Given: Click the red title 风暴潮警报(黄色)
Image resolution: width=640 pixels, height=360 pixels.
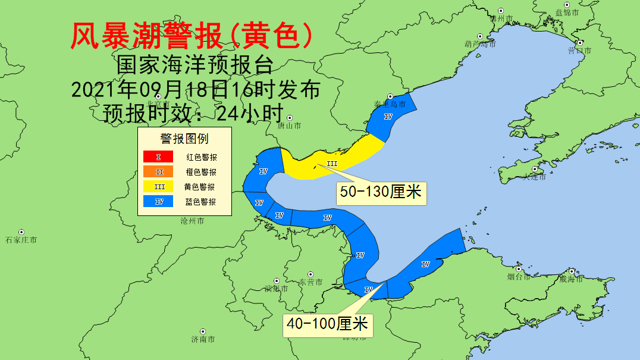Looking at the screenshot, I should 192,37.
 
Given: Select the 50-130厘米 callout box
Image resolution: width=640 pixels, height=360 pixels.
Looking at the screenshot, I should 381,192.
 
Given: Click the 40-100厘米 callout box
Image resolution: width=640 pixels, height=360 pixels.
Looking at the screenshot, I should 328,324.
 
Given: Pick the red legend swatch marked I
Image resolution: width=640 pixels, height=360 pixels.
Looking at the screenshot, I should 158,157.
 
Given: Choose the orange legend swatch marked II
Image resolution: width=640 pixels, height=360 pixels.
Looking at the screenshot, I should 158,172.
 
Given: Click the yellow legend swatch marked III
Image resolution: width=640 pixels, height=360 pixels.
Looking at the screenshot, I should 158,187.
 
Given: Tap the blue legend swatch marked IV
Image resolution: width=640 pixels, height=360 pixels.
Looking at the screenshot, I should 158,202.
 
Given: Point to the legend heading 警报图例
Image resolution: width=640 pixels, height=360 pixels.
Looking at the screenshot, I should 184,139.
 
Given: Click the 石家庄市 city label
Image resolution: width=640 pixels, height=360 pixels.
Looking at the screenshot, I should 21,240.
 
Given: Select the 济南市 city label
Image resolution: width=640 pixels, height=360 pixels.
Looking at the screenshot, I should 203,339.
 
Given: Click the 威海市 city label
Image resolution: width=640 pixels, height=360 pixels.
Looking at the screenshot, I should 571,278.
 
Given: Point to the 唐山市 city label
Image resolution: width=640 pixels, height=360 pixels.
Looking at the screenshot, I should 289,126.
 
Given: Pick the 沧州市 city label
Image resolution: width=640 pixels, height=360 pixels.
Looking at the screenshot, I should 192,221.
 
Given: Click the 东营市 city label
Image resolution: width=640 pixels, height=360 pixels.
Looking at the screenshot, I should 310,281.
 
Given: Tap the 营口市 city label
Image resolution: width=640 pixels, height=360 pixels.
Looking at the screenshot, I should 579,51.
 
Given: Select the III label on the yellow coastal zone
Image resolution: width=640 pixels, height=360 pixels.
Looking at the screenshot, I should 332,164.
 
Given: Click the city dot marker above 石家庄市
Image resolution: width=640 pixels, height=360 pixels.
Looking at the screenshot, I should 21,232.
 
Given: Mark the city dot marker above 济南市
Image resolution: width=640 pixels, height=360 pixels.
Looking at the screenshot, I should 203,331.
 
